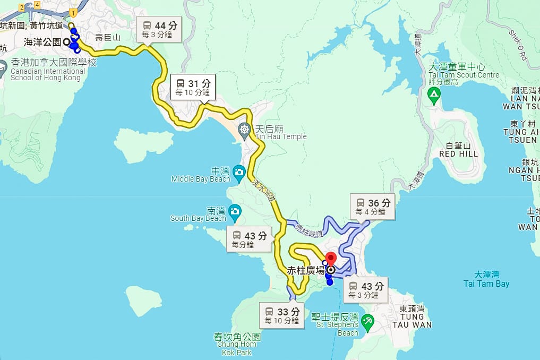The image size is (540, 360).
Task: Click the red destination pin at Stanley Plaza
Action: point(331,260)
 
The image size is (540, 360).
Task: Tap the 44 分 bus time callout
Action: point(160,29)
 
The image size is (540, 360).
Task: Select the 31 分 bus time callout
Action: point(193,87)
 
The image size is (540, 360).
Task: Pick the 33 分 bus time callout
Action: point(282,315)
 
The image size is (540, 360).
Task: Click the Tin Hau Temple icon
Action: point(245,129)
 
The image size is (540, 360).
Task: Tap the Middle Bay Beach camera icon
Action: point(239,171)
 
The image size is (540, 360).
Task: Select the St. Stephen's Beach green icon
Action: point(367,321)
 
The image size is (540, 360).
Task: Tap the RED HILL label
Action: point(459,153)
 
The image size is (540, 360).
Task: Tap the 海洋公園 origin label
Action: point(42,41)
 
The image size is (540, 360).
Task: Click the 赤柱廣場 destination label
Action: point(306,270)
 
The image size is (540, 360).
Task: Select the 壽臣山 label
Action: point(108,38)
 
